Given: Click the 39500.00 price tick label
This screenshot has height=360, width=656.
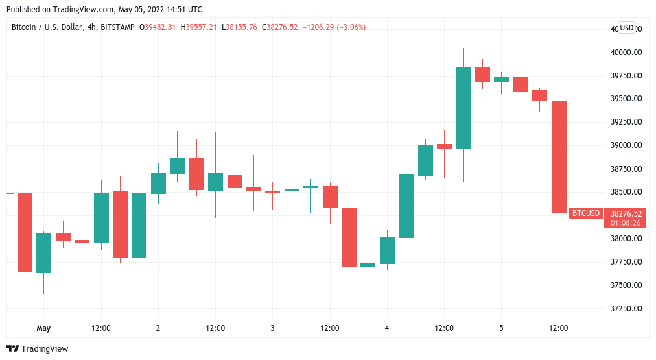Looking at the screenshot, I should point(626,99).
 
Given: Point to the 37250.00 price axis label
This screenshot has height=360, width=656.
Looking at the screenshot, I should point(626,308).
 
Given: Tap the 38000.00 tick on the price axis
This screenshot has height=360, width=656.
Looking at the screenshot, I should point(626,238).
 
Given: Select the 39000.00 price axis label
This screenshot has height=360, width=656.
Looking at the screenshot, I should point(626,145).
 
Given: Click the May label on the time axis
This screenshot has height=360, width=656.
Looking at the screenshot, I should point(43,328).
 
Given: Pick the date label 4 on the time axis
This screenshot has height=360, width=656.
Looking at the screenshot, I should point(387,328).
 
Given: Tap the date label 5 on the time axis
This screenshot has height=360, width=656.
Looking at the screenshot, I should point(501,328).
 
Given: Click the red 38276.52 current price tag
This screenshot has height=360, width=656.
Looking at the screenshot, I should point(626,213).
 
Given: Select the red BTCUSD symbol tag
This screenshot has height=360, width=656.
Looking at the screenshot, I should point(586,213).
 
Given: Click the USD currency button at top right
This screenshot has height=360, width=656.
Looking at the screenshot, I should point(627,27).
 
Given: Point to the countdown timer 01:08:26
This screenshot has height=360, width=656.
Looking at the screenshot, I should point(626,222).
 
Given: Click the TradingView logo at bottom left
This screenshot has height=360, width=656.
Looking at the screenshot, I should point(37,348).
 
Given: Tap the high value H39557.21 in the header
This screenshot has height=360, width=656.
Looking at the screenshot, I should point(199,27).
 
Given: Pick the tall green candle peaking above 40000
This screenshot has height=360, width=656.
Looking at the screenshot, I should point(463,108).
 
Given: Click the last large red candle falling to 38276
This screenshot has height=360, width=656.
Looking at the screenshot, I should point(559,157).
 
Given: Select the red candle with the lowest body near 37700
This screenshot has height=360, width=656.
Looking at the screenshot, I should point(349,237).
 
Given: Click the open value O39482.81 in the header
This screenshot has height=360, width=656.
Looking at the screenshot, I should point(158,27).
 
